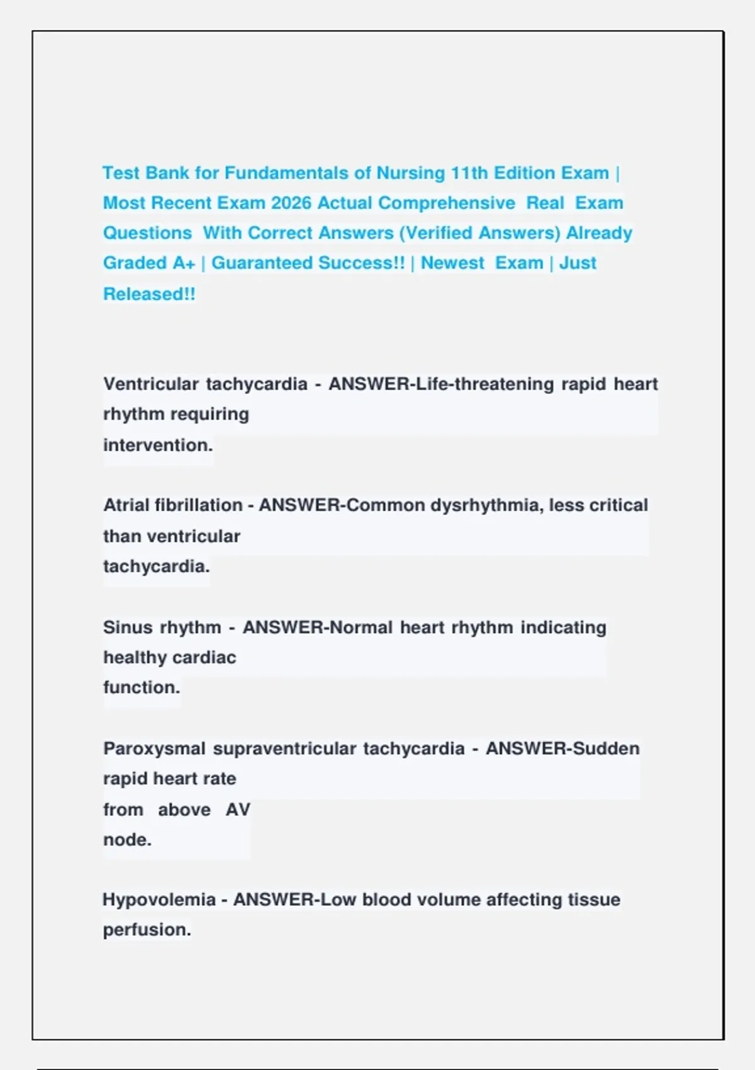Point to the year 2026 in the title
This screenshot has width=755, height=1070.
(291, 203)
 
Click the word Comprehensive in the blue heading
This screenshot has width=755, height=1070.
(447, 203)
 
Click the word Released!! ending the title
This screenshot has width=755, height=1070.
(149, 294)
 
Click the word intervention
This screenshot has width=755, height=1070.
(158, 445)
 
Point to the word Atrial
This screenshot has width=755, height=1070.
(126, 505)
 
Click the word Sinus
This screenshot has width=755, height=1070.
(127, 628)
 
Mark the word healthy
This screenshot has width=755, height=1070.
(135, 658)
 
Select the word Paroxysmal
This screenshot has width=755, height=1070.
(154, 749)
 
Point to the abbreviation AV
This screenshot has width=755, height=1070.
(238, 809)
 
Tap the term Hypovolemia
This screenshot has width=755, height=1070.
(159, 900)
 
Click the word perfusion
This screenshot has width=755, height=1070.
(147, 930)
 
